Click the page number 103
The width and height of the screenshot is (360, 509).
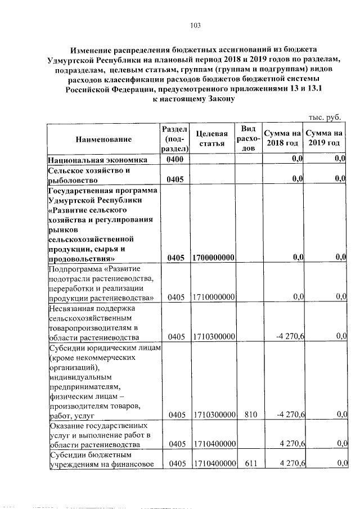click(x=196, y=25)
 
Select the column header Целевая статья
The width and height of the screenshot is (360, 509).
click(x=212, y=138)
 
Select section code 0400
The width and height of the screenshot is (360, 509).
click(x=175, y=160)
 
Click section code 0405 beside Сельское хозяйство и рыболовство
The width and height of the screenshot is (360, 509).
click(x=175, y=180)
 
